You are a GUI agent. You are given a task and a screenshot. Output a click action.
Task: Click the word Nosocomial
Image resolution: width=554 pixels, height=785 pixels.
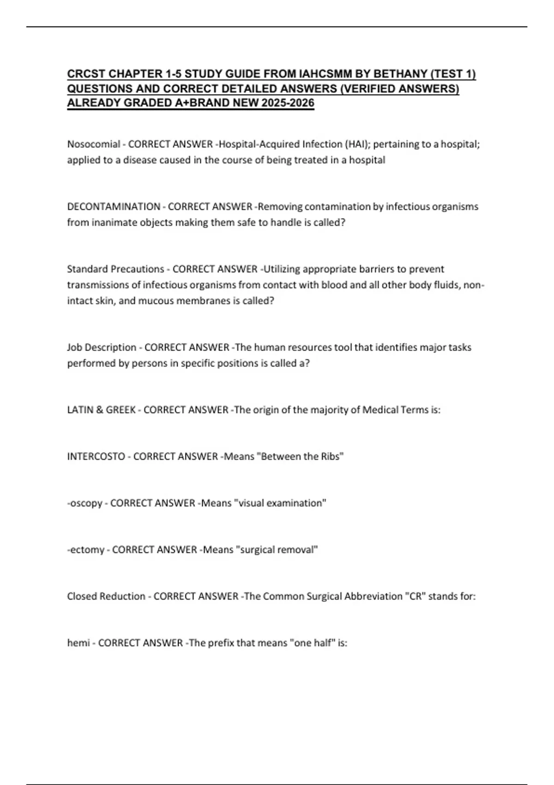[x=94, y=144]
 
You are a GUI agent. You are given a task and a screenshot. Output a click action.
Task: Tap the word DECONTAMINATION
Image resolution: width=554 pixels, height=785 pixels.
[x=114, y=206]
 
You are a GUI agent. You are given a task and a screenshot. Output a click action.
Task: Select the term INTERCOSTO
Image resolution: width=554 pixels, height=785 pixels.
[x=96, y=457]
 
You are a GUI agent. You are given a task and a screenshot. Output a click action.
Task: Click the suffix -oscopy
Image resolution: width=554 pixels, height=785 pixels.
[x=85, y=503]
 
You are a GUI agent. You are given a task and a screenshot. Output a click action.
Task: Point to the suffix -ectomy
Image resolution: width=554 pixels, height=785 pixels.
[x=86, y=550]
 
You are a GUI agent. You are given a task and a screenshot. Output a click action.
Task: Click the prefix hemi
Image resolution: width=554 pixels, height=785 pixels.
[x=78, y=643]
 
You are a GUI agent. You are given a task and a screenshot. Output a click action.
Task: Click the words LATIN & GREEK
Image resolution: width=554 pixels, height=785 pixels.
[x=102, y=410]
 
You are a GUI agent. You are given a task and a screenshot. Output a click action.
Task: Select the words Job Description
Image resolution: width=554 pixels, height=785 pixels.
[x=102, y=347]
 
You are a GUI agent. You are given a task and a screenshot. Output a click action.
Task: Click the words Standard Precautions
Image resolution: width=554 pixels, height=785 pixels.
[x=115, y=269]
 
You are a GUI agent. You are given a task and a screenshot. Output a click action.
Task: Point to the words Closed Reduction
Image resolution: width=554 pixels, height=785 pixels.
[x=106, y=596]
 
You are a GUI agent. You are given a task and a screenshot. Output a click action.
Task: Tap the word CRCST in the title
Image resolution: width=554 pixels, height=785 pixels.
[x=86, y=74]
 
